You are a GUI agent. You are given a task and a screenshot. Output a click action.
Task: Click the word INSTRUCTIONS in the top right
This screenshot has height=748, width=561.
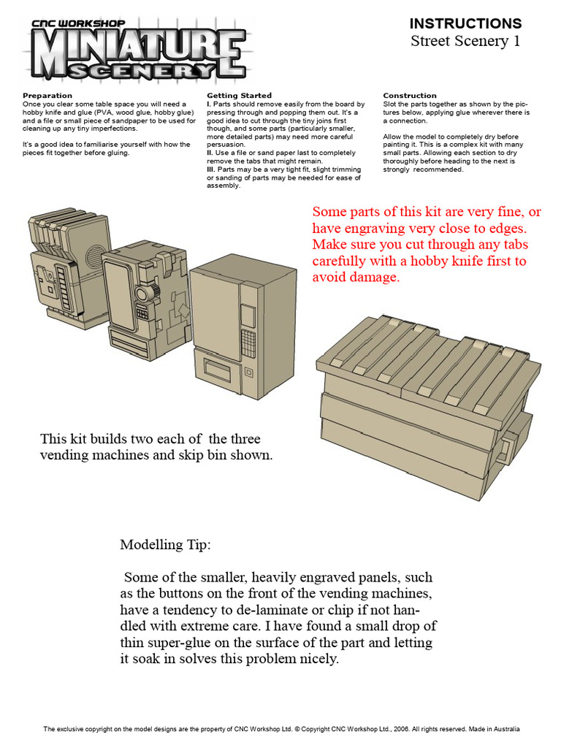[465, 23]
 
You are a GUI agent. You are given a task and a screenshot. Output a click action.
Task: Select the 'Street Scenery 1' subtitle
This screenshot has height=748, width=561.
[465, 41]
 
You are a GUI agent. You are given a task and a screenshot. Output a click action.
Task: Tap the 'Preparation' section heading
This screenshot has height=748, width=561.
[47, 96]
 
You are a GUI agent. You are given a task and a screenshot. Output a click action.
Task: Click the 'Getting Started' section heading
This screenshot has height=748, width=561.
[239, 96]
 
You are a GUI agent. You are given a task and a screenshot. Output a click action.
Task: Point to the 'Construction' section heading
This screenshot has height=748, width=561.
[410, 96]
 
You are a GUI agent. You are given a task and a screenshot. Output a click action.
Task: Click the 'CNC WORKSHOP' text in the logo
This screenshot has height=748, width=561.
[78, 23]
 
